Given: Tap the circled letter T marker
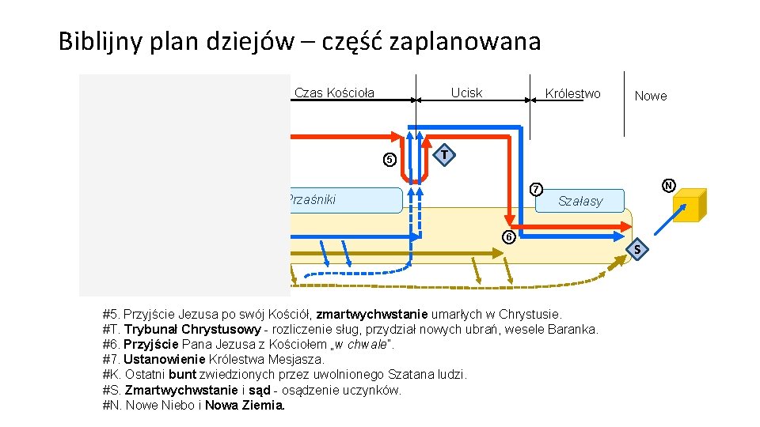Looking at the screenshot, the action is tap(446, 154).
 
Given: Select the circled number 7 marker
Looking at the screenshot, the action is tap(536, 190).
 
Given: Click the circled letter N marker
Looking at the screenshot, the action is tap(669, 187).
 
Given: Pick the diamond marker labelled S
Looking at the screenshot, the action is tap(636, 251).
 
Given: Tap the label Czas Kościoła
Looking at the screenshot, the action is tap(334, 93).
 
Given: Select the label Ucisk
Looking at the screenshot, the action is tap(466, 93).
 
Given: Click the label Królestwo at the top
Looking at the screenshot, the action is tap(572, 94).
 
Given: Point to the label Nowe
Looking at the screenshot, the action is tap(651, 96).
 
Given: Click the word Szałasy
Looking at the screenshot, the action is tap(580, 202).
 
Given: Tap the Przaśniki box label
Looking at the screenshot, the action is tap(312, 200).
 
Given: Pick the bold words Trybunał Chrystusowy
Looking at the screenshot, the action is tap(192, 329).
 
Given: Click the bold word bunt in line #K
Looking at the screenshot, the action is tap(183, 375).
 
